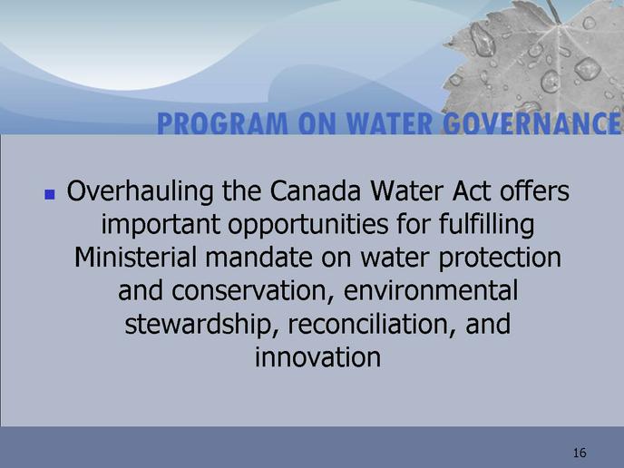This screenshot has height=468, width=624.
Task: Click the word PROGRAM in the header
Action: pos(222,123)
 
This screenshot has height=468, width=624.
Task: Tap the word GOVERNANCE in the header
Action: pos(531,123)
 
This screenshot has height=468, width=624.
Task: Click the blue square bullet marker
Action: pos(50,194)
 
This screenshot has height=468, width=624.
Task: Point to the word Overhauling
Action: pos(140,192)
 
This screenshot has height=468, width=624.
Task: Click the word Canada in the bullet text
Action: pos(316,191)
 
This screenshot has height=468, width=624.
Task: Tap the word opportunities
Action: pos(308,226)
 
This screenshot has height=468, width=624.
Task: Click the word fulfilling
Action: pos(486,225)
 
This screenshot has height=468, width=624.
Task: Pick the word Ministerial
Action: pos(135,257)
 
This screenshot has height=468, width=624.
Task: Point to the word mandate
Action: pos(258,257)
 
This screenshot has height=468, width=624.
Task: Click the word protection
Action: pos(500,258)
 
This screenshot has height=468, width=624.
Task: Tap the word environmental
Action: pos(431,290)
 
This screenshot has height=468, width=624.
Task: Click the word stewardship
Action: pos(199,325)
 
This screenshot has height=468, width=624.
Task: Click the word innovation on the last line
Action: pos(318,357)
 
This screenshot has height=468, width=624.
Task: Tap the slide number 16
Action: pos(580,453)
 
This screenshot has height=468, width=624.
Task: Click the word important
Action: pos(161,226)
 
